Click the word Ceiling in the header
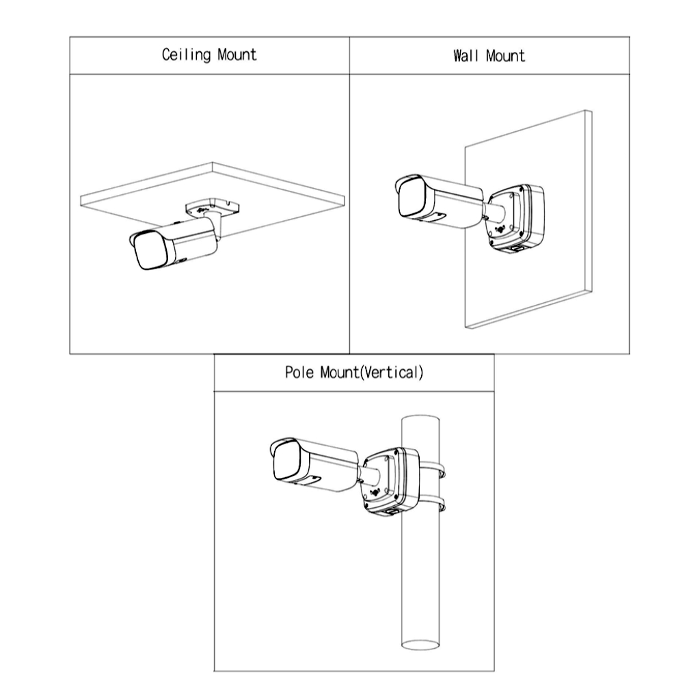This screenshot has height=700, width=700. click(x=186, y=55)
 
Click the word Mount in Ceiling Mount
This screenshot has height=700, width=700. click(x=237, y=55)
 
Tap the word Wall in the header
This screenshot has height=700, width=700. click(x=465, y=55)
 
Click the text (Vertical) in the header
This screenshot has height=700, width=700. click(x=391, y=373)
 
